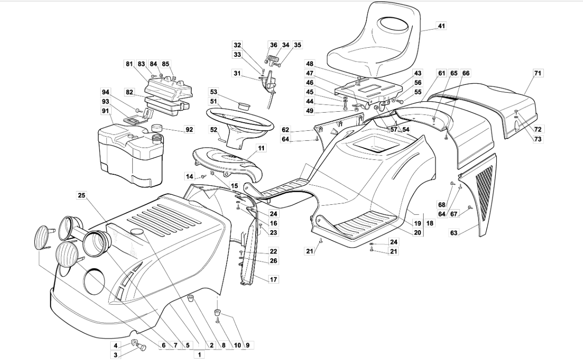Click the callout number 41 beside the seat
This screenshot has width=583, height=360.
441,26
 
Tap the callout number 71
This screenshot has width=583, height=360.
538,73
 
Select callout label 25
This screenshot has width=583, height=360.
82,195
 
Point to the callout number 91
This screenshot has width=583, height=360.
105,111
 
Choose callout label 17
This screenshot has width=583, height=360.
273,279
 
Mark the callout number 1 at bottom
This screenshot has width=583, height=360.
199,355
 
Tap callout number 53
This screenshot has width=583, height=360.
213,92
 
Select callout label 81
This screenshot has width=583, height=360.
129,64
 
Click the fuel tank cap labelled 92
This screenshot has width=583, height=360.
157,128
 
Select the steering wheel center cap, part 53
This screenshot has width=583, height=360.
243,105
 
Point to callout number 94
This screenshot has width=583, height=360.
105,92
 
